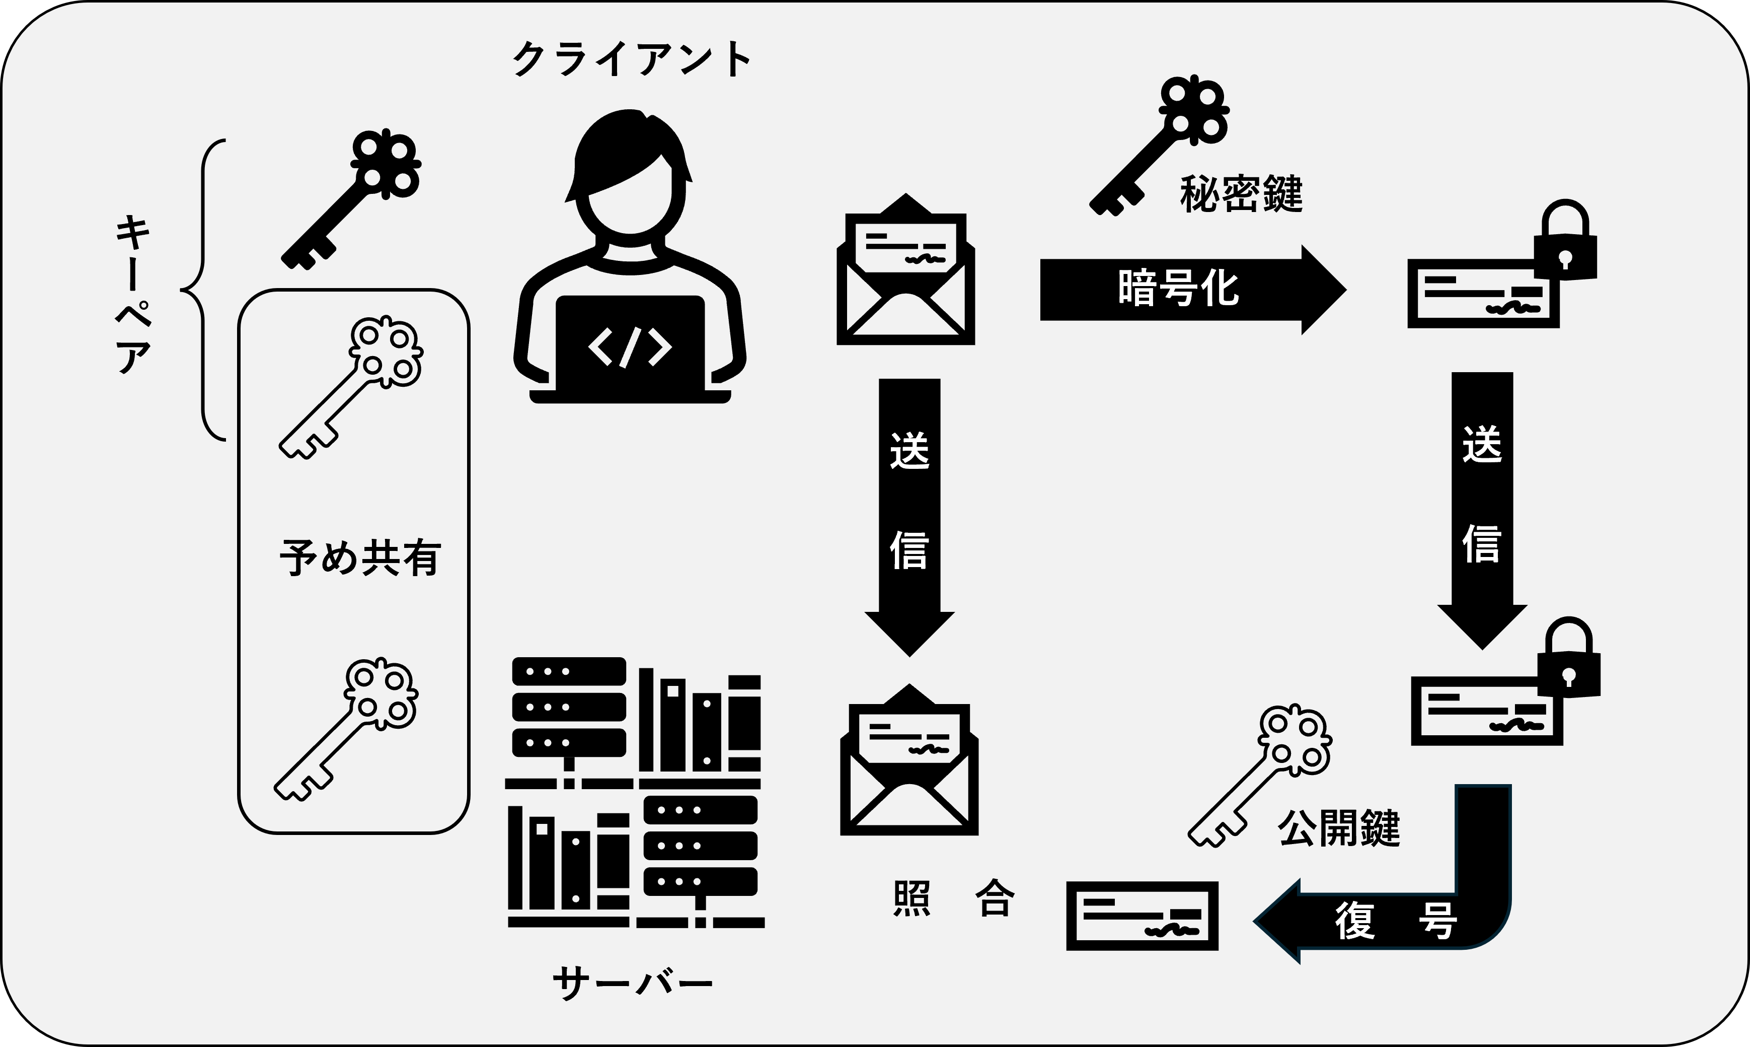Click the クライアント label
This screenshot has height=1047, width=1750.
631,60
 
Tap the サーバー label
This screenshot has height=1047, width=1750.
633,984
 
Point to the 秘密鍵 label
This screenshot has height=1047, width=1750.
1241,194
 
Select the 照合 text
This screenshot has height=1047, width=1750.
953,899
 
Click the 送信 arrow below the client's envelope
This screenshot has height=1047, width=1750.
909,508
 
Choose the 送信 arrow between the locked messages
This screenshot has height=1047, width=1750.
1482,501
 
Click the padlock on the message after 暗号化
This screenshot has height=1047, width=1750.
1565,243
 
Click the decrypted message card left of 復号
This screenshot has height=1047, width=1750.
1142,916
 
